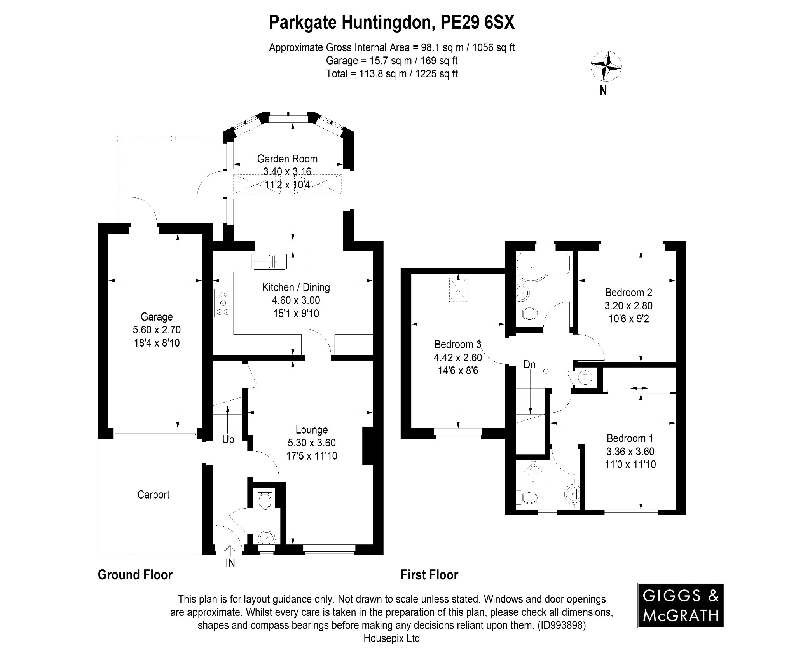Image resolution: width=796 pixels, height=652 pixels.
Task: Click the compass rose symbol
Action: pos(606,66)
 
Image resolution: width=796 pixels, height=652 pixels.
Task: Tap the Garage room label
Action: pos(157,317)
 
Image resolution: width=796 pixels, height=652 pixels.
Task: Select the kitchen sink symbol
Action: pos(269,261)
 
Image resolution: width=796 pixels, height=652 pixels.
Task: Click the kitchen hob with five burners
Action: pos(223,303)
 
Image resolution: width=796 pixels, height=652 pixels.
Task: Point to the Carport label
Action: pos(153,495)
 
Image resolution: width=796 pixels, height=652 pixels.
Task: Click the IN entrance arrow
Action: pos(230,551)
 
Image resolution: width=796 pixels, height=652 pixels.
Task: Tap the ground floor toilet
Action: pos(266,500)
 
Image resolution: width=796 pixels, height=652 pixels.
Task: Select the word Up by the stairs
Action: pos(228,439)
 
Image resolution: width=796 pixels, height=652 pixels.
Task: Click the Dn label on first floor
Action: pos(529,364)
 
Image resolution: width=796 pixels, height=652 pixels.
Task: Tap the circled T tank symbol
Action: pos(585,377)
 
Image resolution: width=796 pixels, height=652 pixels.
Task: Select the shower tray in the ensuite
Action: pos(533,472)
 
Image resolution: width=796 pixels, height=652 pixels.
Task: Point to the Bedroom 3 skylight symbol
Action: pos(458,288)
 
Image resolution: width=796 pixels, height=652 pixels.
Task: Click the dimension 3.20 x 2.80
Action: pos(628,305)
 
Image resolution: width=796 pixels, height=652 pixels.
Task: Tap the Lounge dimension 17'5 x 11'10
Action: pos(312,456)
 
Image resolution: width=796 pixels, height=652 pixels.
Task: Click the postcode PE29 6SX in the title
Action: pos(477,23)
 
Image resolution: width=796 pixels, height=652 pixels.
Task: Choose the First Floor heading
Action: pos(429,575)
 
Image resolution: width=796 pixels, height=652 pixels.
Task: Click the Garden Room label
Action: pos(287,159)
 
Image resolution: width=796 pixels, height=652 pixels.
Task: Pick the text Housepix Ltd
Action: pos(391,638)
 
